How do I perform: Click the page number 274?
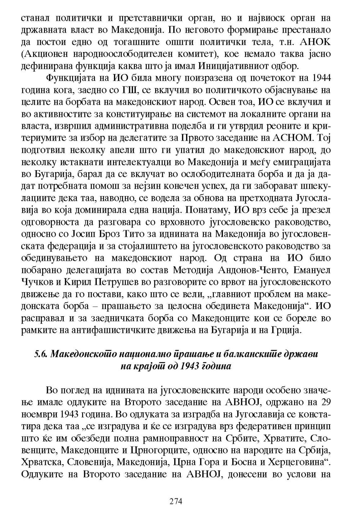coord(176,501)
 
